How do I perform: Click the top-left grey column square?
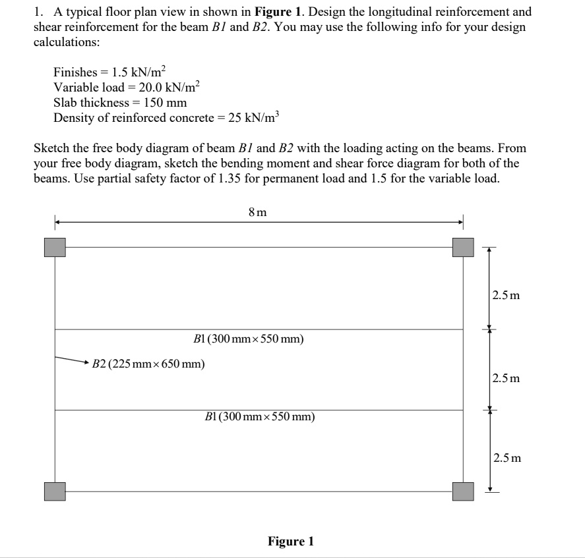pyautogui.click(x=55, y=247)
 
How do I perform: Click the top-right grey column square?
pyautogui.click(x=463, y=247)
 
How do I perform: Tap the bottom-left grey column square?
pyautogui.click(x=55, y=491)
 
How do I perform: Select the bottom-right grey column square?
pyautogui.click(x=463, y=491)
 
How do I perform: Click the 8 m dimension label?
pyautogui.click(x=258, y=212)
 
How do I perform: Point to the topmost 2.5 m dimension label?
pyautogui.click(x=506, y=295)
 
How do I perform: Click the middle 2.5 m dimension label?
pyautogui.click(x=506, y=378)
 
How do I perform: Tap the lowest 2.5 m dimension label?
pyautogui.click(x=506, y=457)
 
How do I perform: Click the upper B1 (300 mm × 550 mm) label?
pyautogui.click(x=249, y=339)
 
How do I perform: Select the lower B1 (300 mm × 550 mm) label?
pyautogui.click(x=260, y=416)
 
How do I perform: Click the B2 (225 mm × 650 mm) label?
pyautogui.click(x=148, y=363)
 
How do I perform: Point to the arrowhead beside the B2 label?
pyautogui.click(x=85, y=362)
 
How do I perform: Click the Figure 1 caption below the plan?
pyautogui.click(x=291, y=542)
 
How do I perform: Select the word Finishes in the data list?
pyautogui.click(x=75, y=72)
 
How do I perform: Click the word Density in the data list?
pyautogui.click(x=73, y=118)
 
